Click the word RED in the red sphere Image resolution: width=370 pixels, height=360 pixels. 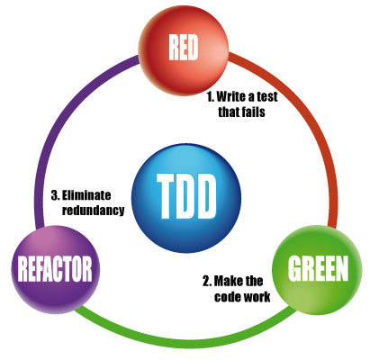tap(184, 47)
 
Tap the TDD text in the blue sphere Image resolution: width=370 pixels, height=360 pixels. tap(186, 196)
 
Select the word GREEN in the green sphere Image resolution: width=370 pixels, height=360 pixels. tap(318, 268)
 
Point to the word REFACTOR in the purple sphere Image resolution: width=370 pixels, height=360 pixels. tap(55, 268)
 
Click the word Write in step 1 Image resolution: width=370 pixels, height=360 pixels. tap(231, 96)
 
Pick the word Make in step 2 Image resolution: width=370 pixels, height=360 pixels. tap(224, 281)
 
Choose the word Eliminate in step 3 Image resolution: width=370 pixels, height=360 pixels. tap(86, 195)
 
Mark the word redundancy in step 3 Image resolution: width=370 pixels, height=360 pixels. tap(93, 210)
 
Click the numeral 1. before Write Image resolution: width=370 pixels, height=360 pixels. tap(211, 96)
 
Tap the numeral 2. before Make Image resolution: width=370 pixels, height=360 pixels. tap(207, 281)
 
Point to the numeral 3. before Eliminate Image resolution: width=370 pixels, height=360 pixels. tap(56, 195)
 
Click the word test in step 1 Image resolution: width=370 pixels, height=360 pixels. tap(266, 96)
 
